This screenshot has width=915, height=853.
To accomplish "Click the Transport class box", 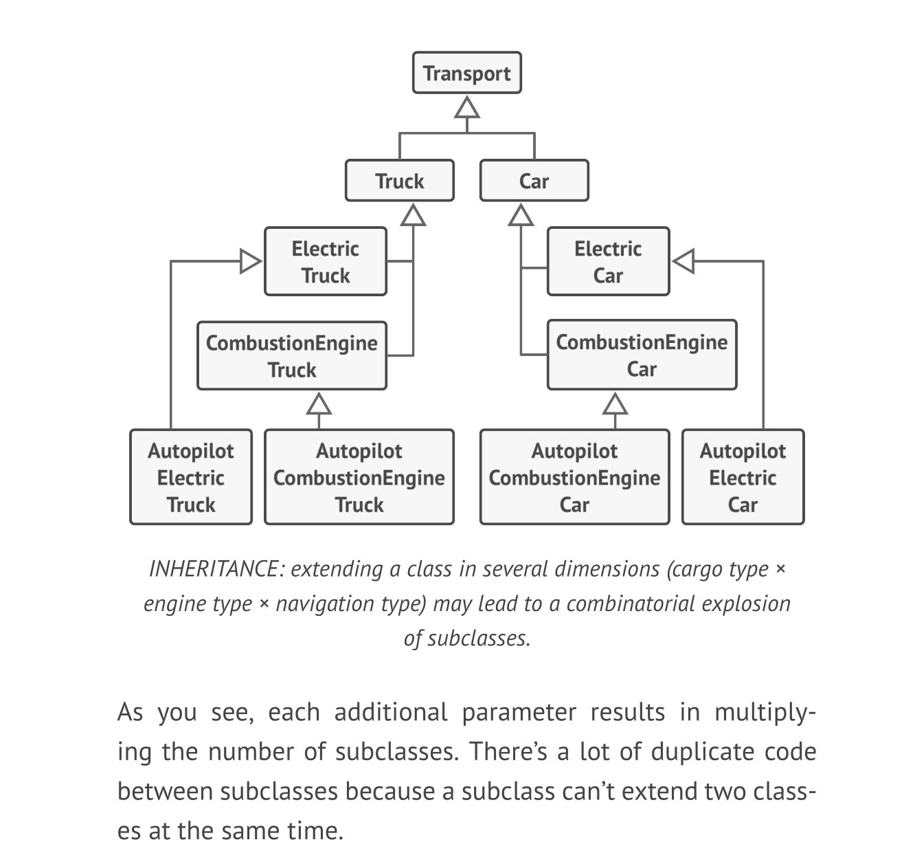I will coord(466,73).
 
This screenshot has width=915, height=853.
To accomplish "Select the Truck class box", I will coord(399,181).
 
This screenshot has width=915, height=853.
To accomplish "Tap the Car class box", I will coord(534,181).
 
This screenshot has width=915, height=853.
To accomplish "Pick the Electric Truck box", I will coord(325,262).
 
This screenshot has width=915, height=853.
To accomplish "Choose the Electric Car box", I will coord(608,262).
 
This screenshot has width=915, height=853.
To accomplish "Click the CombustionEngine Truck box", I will coord(291,356).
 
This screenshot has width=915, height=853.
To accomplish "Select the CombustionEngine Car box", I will coord(642,355).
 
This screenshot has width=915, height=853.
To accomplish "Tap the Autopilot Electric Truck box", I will coord(190,478).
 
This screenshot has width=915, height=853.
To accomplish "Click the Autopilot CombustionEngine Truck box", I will coord(359,478).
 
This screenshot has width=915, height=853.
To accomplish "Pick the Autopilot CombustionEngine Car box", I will coord(574,478).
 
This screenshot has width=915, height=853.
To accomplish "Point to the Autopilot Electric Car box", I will coord(743,478).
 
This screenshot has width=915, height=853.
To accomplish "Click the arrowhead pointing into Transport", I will coord(467,108).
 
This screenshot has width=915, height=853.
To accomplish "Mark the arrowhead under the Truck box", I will coord(413,215).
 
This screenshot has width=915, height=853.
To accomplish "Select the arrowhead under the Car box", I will coord(521,215).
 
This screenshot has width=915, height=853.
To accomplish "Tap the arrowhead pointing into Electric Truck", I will coord(251,262).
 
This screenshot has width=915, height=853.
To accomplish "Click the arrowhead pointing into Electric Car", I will coord(683,262).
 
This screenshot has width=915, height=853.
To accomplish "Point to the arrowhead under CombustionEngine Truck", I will coord(318,404).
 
